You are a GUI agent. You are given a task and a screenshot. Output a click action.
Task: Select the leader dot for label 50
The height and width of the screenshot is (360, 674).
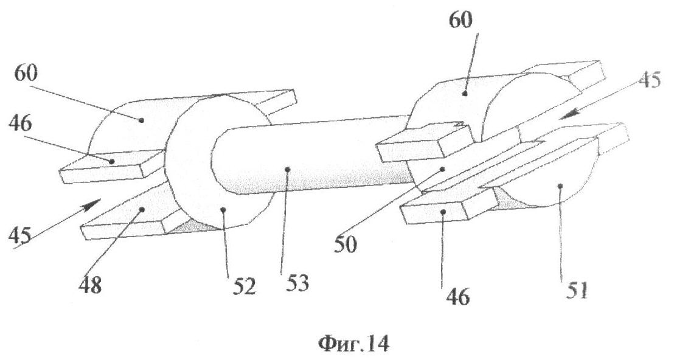[443, 170]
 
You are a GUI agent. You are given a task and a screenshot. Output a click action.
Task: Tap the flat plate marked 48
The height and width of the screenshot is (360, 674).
[131, 213]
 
